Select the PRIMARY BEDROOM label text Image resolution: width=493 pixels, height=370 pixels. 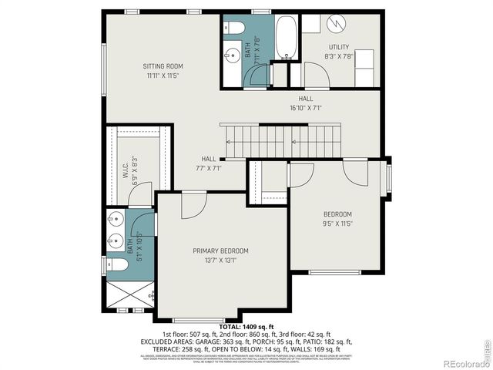tap(220, 251)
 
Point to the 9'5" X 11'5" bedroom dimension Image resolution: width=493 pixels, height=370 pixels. tap(337, 224)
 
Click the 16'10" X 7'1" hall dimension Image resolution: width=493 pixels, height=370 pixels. tap(305, 108)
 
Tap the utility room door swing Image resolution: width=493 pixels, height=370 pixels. tap(316, 77)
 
